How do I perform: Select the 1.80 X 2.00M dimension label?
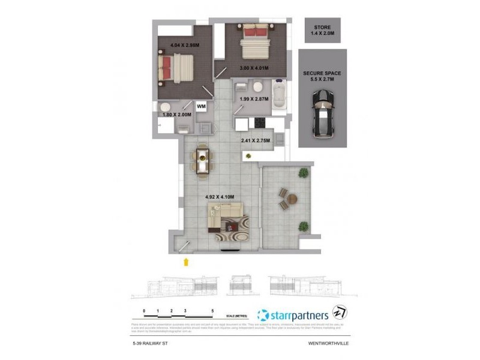coord(176,114)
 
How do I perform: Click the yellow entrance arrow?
coord(186,260)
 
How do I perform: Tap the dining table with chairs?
coord(203,161)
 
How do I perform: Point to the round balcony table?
coord(292,199)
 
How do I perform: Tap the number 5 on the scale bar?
coord(213,311)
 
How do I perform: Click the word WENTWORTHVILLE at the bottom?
coord(329,344)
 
